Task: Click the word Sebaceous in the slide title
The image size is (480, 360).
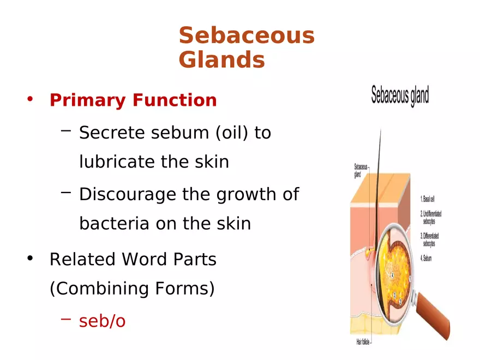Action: [247, 36]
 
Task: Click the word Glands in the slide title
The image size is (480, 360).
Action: [221, 60]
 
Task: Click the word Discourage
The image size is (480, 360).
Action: [128, 194]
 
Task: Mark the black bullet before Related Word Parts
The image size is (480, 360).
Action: [31, 259]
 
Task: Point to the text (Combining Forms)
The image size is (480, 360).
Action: [132, 289]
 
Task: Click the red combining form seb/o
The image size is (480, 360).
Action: [103, 321]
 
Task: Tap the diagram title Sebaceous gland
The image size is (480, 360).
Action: [400, 96]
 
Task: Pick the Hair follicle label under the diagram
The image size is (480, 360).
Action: [364, 343]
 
